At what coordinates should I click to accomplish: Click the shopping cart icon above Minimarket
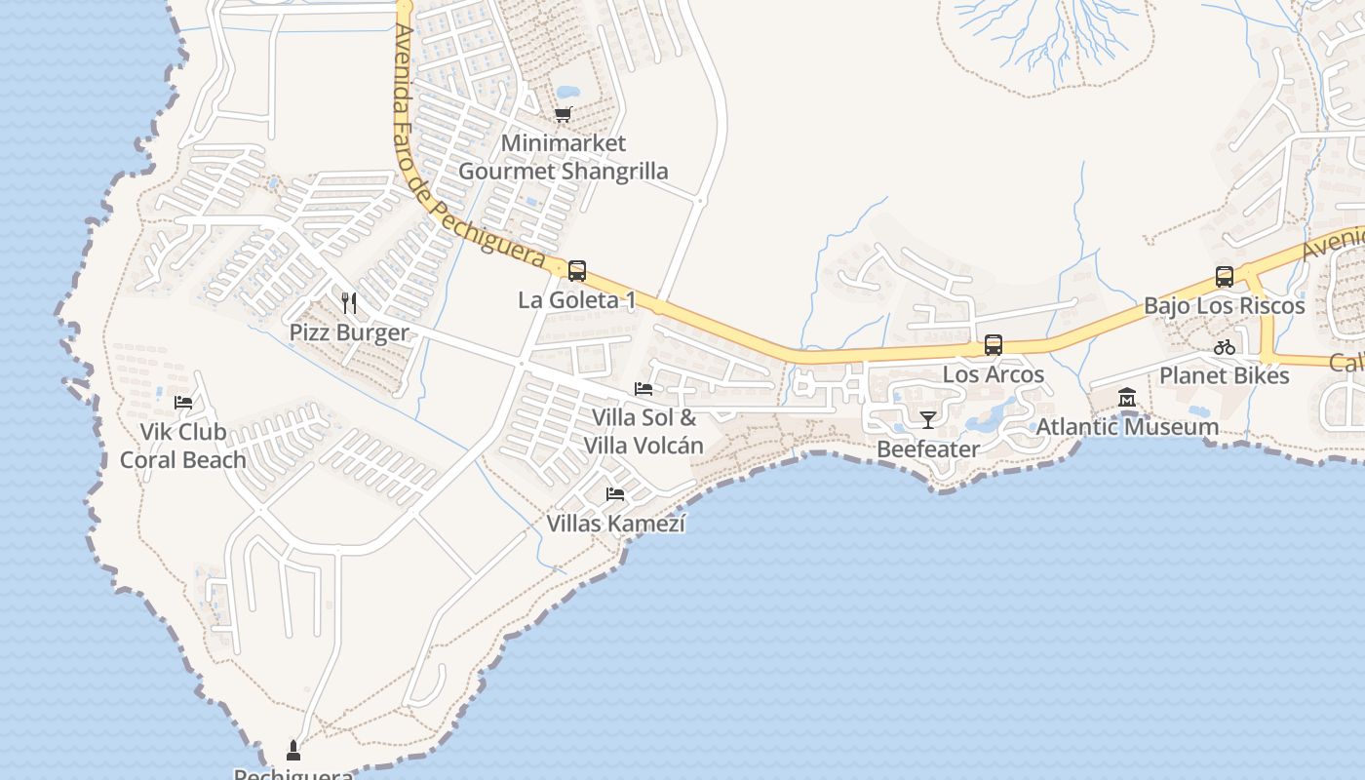[x=563, y=115]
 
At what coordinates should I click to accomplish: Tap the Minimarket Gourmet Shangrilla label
[x=564, y=157]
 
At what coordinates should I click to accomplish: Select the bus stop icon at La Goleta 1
[x=577, y=270]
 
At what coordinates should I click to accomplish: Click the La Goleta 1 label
[x=576, y=299]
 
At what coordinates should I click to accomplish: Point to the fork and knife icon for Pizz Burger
[x=349, y=303]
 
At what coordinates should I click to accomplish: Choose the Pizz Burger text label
[x=349, y=332]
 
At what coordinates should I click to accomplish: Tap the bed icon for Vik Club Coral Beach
[x=182, y=402]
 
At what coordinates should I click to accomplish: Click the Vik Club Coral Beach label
[x=182, y=446]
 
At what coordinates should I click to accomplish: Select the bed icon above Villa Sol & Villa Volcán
[x=643, y=388]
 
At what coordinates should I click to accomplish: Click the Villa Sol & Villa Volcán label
[x=643, y=432]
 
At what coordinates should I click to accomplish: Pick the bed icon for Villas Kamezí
[x=615, y=493]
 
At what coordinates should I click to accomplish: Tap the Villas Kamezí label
[x=615, y=524]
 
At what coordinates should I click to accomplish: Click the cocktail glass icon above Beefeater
[x=928, y=420]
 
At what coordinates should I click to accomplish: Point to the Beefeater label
[x=928, y=449]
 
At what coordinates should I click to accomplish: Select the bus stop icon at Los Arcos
[x=994, y=345]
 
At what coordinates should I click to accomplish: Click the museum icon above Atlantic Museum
[x=1127, y=397]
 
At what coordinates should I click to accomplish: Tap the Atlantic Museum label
[x=1127, y=427]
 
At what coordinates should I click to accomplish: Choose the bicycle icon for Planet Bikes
[x=1225, y=347]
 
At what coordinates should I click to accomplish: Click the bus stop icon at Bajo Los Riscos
[x=1225, y=276]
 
